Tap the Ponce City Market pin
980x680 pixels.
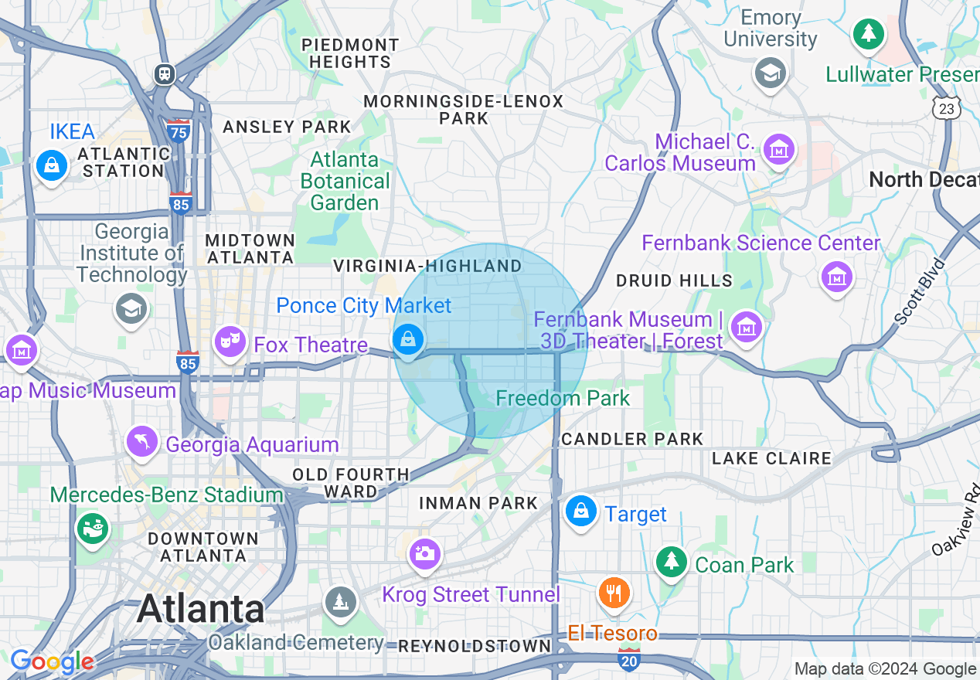click(408, 339)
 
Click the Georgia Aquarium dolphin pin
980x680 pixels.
click(142, 442)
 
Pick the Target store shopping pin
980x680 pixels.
click(580, 512)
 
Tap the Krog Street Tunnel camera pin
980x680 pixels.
click(424, 553)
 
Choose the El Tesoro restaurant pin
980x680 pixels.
click(614, 593)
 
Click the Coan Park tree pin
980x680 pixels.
click(672, 562)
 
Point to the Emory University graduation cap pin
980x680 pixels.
click(771, 73)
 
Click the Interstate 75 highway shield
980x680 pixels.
click(179, 131)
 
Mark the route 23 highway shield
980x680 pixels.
click(946, 109)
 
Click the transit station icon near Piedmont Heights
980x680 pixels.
click(164, 74)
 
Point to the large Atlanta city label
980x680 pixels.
click(200, 609)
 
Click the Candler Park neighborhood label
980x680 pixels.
click(632, 439)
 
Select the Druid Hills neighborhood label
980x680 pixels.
click(674, 280)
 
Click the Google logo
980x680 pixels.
click(52, 661)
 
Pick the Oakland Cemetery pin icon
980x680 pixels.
click(339, 600)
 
